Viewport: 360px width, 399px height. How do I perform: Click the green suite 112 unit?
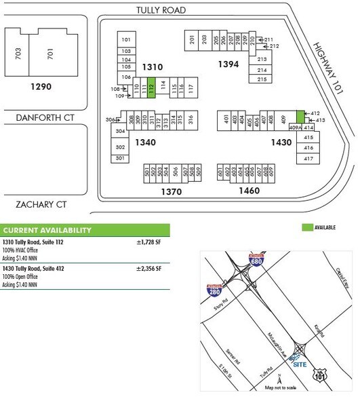coord(152,88)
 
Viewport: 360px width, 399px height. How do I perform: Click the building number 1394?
coord(228,64)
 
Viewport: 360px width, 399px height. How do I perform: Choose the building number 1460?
coord(249,191)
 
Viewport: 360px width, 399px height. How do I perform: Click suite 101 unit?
coord(125,40)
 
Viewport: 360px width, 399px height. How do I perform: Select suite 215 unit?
coord(262,79)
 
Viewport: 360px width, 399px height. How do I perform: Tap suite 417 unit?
coord(308,158)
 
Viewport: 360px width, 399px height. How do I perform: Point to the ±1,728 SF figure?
coord(150,241)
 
